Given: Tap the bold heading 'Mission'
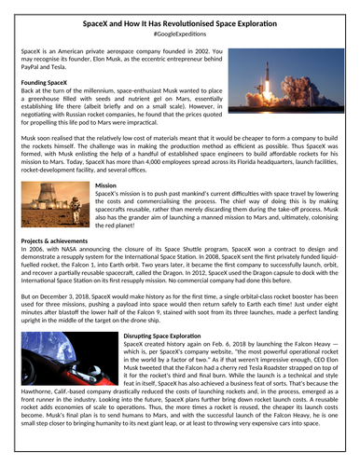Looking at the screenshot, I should click(x=106, y=185).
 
